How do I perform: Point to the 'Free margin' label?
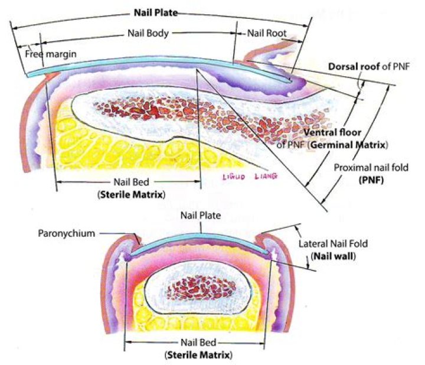pyautogui.click(x=47, y=54)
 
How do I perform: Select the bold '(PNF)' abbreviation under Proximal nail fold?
pyautogui.click(x=371, y=181)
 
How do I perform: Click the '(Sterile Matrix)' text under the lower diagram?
pyautogui.click(x=197, y=355)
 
